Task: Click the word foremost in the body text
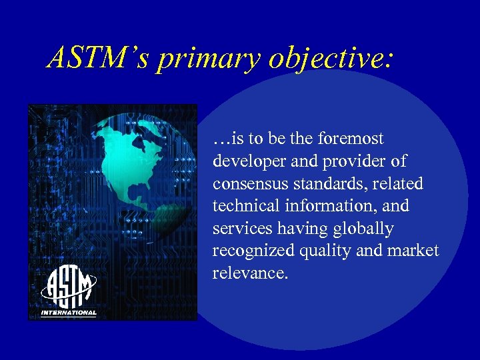351,139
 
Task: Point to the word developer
244,161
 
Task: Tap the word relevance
248,273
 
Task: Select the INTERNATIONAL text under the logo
69,313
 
